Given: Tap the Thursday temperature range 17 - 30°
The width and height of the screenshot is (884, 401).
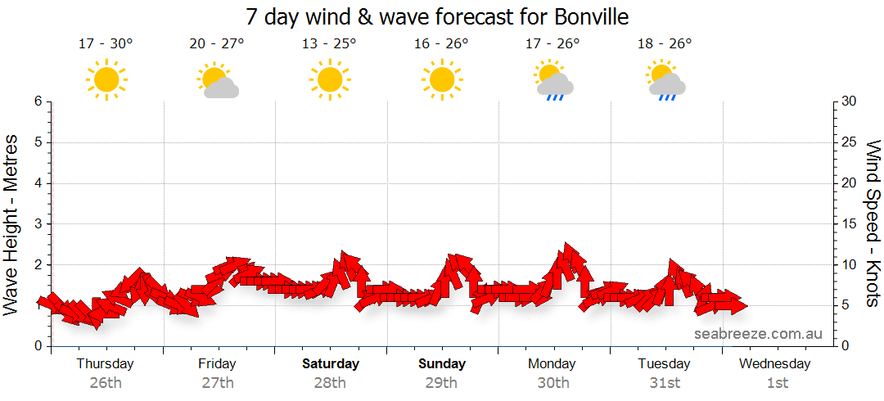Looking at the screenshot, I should pos(105,44).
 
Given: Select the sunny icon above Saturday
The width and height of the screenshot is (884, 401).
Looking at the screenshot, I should pos(329,79).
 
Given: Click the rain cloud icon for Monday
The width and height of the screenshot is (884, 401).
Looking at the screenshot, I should pos(553,80).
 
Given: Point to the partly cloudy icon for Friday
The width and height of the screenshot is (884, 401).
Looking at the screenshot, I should pos(217,80).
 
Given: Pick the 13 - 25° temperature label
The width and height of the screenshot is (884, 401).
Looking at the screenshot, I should pos(329,44).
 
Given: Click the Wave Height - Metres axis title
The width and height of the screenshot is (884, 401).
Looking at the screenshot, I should pos(11,223).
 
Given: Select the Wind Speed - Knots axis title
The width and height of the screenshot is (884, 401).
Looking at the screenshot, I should pos(873,223).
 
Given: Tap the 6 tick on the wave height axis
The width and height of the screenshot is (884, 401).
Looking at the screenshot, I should pos(38,101).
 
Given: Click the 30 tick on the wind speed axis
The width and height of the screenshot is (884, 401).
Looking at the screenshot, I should pos(850,101).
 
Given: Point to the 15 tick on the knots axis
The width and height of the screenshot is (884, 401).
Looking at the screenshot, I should pos(850,223).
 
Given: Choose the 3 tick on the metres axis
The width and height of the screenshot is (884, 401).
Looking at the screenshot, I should pos(38,223).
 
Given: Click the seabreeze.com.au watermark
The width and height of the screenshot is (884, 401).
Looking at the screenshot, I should pos(758,334).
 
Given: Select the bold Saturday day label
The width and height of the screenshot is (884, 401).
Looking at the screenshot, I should pos(330,363).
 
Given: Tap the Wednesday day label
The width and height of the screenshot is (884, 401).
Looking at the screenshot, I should pos(774,363).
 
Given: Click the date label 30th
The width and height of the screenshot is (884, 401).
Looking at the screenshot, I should pos(553,382).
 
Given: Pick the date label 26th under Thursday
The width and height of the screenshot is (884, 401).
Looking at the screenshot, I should pos(105,382).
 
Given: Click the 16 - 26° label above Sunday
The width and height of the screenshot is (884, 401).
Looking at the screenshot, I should pos(440,44).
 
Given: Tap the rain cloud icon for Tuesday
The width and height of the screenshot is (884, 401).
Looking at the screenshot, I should pos(665,80).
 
